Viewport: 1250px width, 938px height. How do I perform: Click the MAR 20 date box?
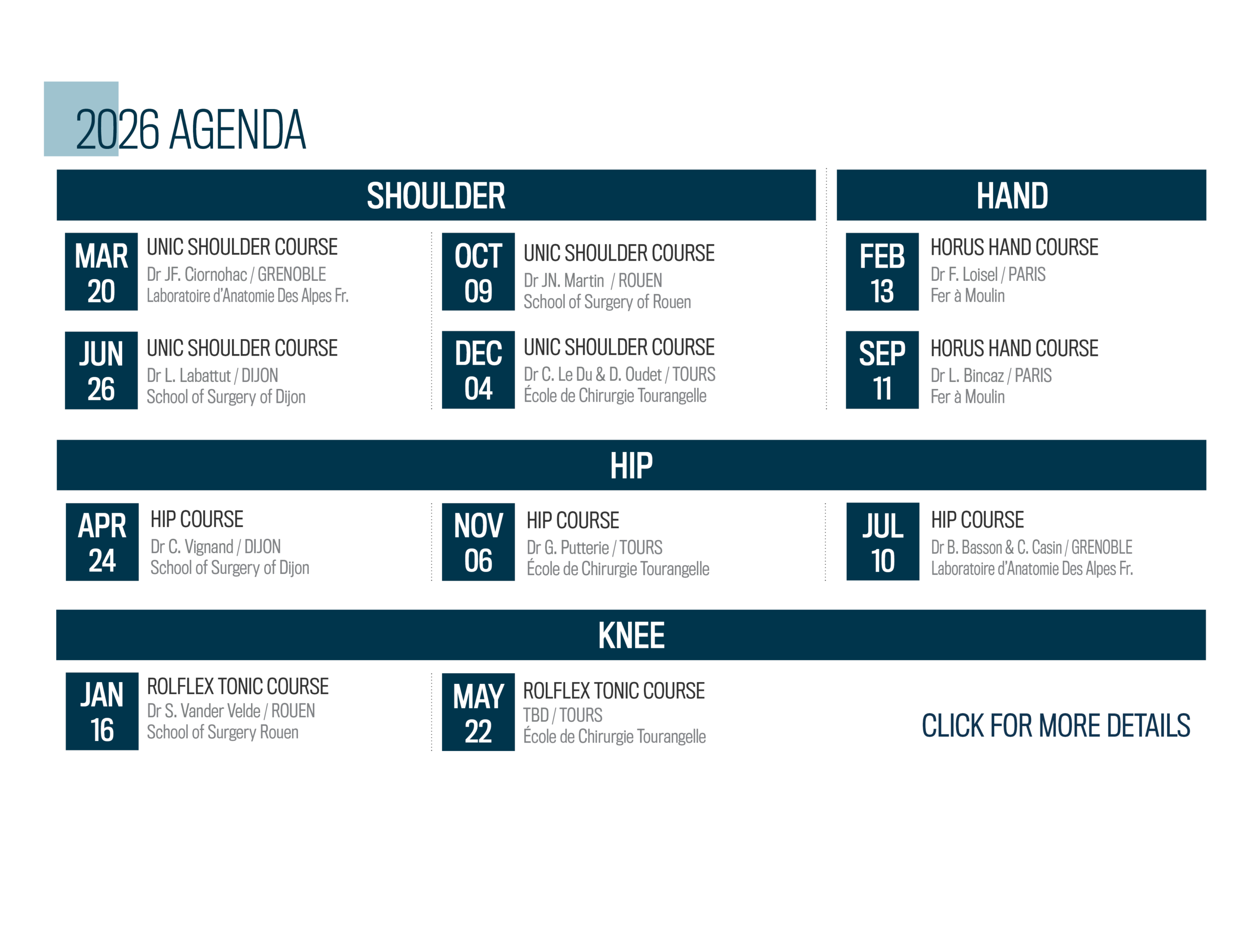101,272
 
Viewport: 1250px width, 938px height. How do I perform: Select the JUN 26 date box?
101,370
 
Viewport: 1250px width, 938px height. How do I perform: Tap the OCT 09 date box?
478,272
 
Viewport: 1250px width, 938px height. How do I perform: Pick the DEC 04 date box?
478,370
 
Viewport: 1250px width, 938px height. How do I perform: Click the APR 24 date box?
102,542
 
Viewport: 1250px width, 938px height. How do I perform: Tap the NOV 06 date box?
478,542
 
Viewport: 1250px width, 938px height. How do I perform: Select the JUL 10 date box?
882,542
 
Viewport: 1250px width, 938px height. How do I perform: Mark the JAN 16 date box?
102,711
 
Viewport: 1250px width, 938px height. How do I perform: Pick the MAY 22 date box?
478,712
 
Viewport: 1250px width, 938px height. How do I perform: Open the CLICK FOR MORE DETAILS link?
1056,725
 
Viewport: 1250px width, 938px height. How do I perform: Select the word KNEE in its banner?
631,635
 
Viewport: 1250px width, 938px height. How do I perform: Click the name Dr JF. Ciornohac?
197,275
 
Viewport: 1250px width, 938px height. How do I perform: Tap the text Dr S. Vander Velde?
204,711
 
